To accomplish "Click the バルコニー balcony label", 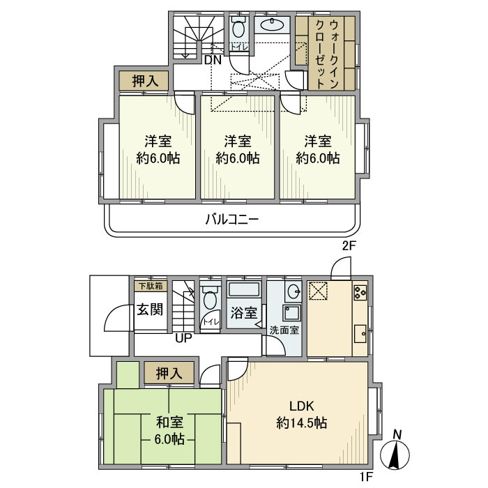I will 232,219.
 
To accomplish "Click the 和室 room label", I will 169,422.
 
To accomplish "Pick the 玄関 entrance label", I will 150,309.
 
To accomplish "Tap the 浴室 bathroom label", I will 243,313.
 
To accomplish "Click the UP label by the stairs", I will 184,340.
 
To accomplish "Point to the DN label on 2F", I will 213,60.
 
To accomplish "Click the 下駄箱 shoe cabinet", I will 150,285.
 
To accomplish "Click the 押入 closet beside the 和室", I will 169,374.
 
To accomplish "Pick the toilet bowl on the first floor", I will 210,300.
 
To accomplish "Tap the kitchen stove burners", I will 360,293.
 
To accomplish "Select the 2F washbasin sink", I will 272,26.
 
